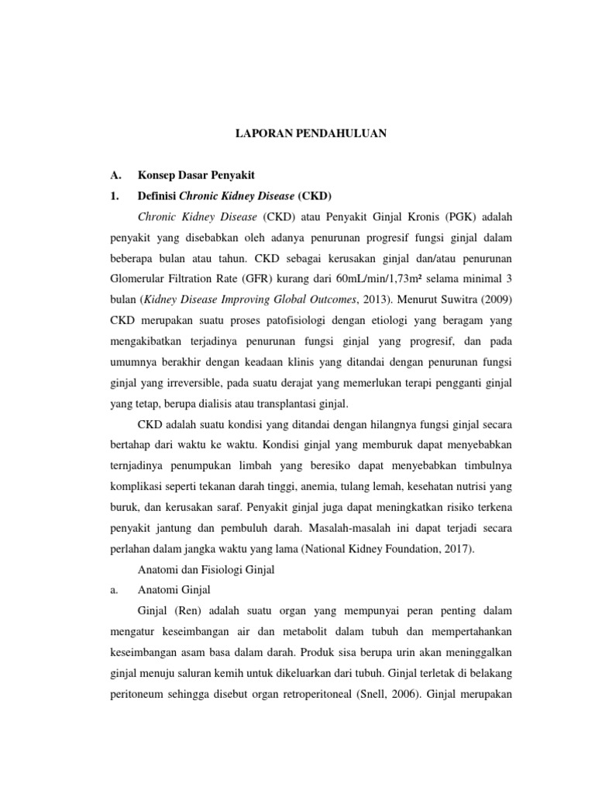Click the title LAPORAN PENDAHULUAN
(x=311, y=133)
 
